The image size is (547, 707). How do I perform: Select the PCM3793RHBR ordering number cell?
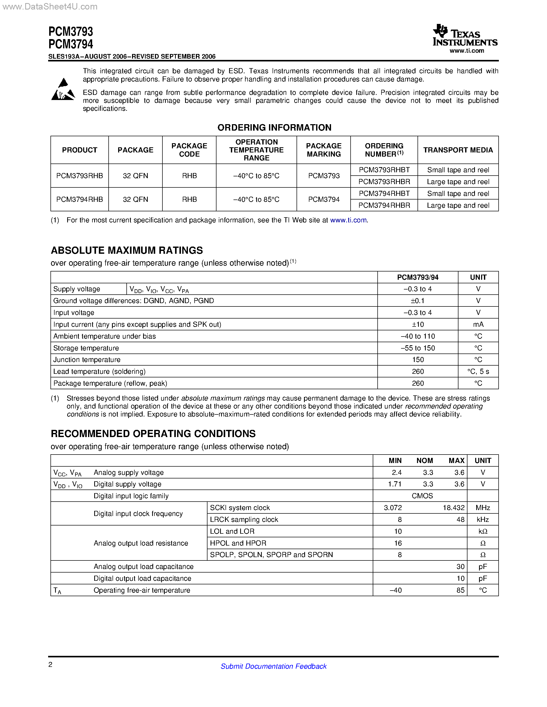[384, 182]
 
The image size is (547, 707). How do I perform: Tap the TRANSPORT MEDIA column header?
[458, 150]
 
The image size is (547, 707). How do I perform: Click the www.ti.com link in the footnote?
[348, 220]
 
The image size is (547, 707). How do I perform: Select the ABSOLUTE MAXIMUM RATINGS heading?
[127, 250]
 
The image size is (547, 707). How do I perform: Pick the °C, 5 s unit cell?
[478, 372]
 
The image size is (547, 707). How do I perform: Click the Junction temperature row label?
[87, 360]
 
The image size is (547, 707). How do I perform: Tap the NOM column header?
[424, 460]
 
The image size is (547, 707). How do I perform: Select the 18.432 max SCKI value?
[453, 507]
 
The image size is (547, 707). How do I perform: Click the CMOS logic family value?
[422, 496]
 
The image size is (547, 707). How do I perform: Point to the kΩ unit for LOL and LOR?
[482, 531]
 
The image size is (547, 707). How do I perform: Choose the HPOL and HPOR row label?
[238, 543]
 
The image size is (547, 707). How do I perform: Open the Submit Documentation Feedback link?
[273, 666]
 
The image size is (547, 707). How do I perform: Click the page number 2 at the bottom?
[50, 665]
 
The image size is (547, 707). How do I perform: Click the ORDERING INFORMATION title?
[274, 128]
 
